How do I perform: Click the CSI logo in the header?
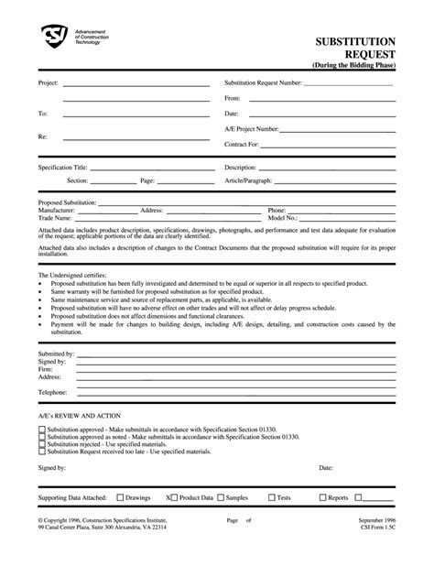(56, 38)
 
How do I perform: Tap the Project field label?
(48, 82)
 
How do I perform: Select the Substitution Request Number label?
(263, 82)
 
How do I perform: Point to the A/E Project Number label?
(252, 129)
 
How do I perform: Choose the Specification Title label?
(62, 168)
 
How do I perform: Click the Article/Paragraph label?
(250, 181)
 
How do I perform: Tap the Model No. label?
(283, 218)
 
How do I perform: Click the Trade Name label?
(54, 218)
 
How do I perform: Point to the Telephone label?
(53, 392)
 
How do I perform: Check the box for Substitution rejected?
(41, 444)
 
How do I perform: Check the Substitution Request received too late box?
(41, 452)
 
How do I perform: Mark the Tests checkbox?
(271, 497)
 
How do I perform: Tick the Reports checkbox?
(321, 497)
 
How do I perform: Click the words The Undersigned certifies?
(72, 275)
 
